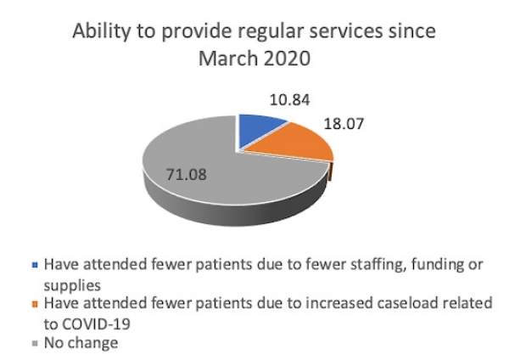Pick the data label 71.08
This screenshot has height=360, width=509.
pos(184,177)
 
